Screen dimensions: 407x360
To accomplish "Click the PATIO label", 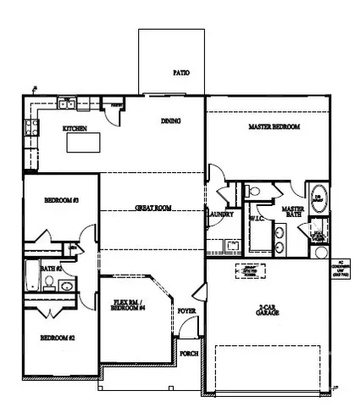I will point(180,73).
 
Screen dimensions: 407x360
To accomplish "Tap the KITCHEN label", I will point(75,129).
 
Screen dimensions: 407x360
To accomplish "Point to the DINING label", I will point(171,121).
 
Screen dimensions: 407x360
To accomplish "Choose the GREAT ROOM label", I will point(153,208).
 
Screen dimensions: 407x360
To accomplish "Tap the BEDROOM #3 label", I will point(61,200).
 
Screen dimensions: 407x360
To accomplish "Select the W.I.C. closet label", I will point(257,218).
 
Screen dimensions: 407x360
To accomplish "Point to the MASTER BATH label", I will point(293,211).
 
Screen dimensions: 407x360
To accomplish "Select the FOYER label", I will point(186,312).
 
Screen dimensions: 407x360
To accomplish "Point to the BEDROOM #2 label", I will point(57,338).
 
